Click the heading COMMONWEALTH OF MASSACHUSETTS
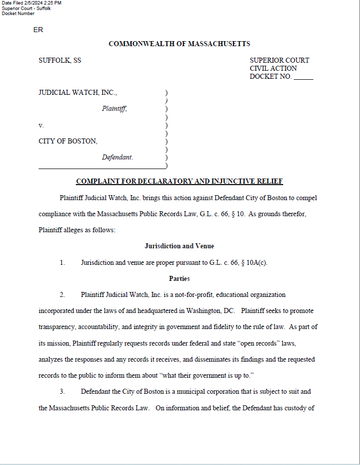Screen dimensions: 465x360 (179, 44)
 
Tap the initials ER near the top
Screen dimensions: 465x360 (38, 30)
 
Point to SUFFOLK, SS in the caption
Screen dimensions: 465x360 (60, 61)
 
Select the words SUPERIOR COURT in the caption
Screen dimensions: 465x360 (279, 61)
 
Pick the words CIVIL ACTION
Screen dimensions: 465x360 (273, 69)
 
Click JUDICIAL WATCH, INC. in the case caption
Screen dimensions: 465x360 (78, 93)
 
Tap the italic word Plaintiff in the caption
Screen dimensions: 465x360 (114, 109)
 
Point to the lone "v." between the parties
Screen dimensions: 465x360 (41, 125)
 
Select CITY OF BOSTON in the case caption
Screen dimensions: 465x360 (68, 141)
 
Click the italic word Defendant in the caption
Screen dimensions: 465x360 (117, 158)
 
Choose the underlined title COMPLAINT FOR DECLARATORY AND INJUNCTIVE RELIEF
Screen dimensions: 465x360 (179, 182)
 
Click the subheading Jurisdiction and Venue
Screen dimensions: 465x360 (179, 246)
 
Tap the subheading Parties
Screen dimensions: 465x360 (179, 279)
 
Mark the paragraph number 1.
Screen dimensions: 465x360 (62, 262)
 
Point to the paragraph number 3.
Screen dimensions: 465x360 (62, 392)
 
